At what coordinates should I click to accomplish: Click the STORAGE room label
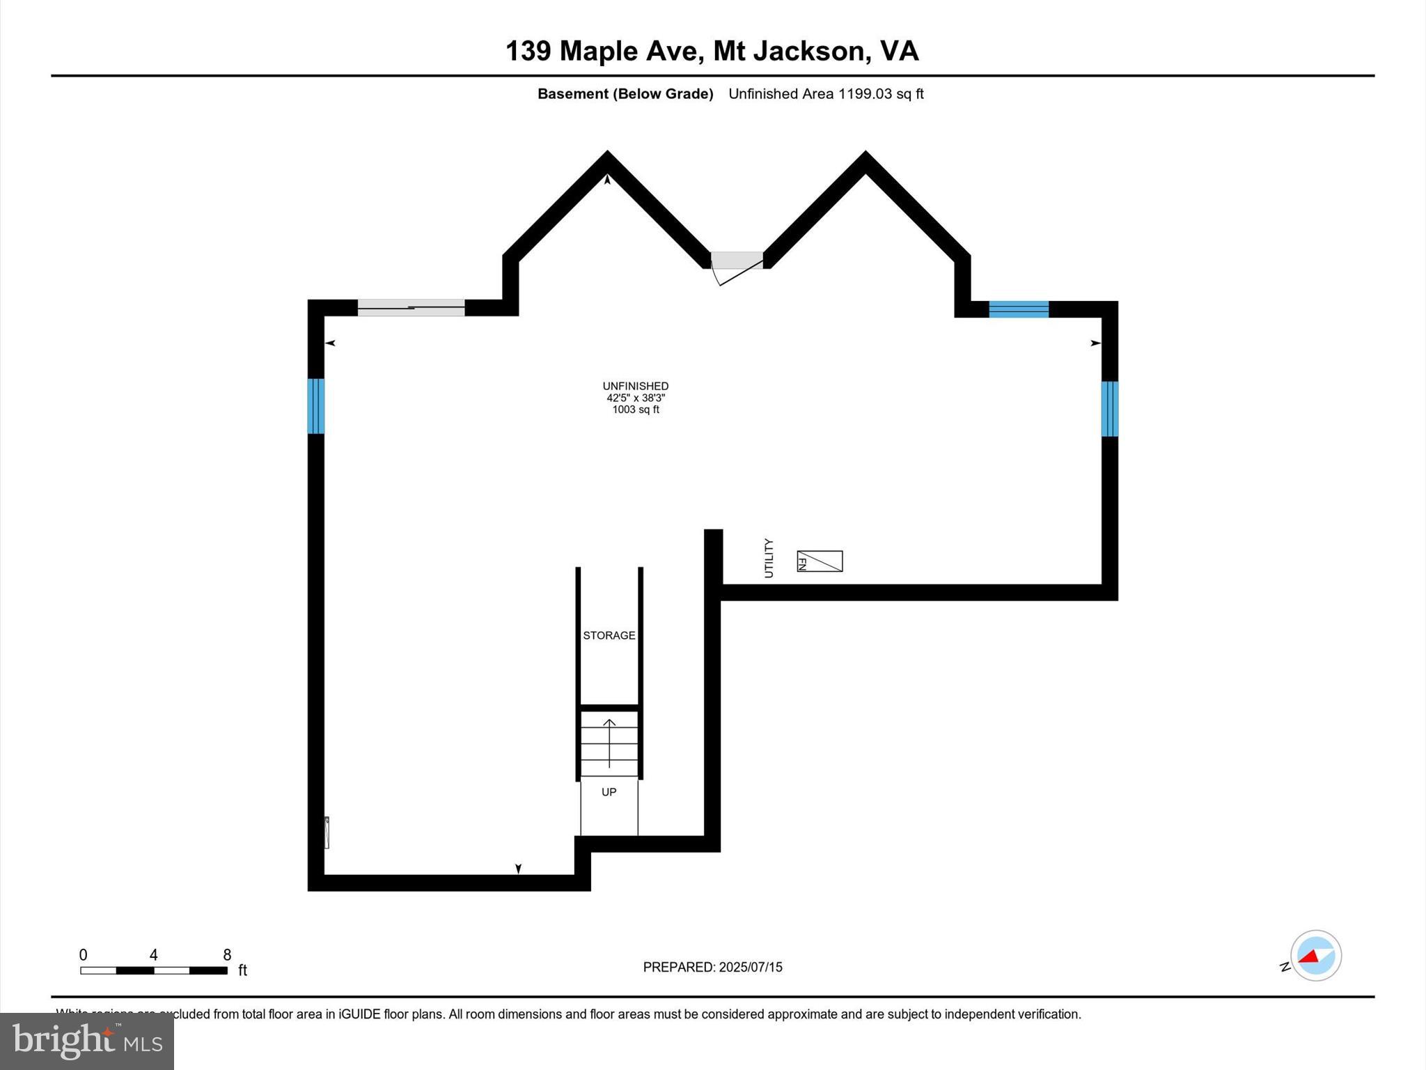pyautogui.click(x=609, y=635)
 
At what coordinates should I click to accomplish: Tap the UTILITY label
pyautogui.click(x=769, y=558)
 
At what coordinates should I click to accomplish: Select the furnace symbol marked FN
pyautogui.click(x=820, y=561)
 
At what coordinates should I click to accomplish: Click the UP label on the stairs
pyautogui.click(x=609, y=792)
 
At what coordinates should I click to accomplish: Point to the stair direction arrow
pyautogui.click(x=609, y=743)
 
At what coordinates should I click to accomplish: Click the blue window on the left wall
pyautogui.click(x=315, y=406)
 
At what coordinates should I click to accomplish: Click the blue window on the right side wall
pyautogui.click(x=1109, y=409)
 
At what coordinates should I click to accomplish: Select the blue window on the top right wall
pyautogui.click(x=1019, y=309)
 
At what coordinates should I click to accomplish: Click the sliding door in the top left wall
pyautogui.click(x=411, y=308)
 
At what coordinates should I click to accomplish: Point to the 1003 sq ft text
pyautogui.click(x=636, y=410)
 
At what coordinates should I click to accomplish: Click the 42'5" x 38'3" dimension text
pyautogui.click(x=636, y=398)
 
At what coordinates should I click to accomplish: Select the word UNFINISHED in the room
pyautogui.click(x=636, y=386)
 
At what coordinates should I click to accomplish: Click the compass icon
pyautogui.click(x=1315, y=956)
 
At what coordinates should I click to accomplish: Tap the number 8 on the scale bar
pyautogui.click(x=227, y=955)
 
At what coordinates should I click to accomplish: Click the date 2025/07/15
pyautogui.click(x=751, y=967)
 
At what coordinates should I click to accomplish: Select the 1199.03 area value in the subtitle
pyautogui.click(x=864, y=94)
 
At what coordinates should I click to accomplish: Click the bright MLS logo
pyautogui.click(x=87, y=1041)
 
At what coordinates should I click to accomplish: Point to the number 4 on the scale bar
pyautogui.click(x=153, y=955)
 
